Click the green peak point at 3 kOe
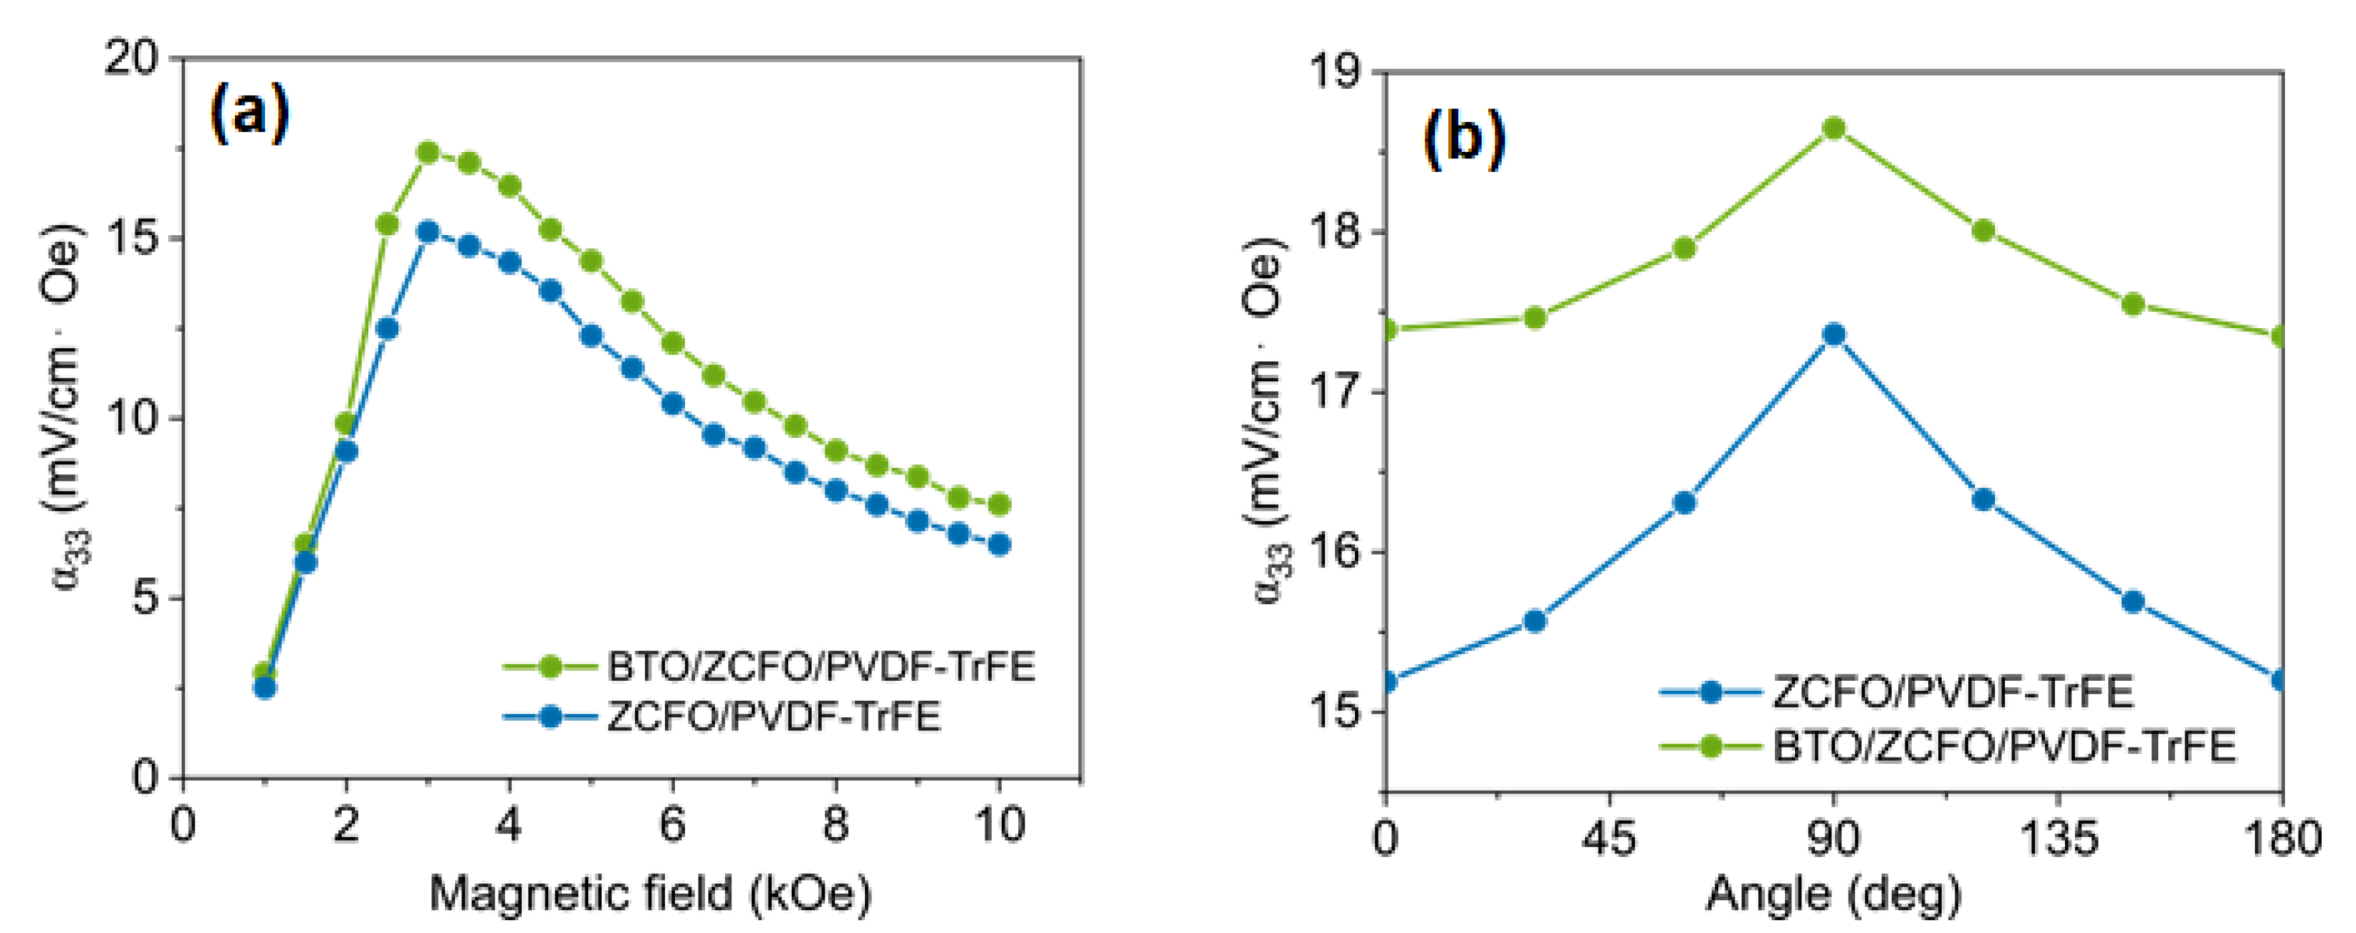point(428,152)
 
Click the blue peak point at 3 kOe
point(428,231)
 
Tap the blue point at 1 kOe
point(265,687)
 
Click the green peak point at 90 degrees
point(1834,128)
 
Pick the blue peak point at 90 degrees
point(1834,335)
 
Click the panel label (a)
point(249,113)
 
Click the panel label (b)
point(1463,139)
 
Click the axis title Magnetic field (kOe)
point(649,893)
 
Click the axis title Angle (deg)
point(1834,894)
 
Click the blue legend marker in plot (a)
point(550,715)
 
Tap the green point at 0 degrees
point(1387,328)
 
